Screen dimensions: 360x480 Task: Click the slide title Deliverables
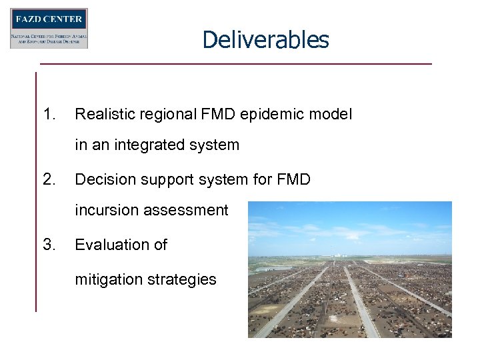coord(265,39)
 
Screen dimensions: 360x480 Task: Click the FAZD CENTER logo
coord(49,28)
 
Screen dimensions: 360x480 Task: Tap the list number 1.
coord(49,114)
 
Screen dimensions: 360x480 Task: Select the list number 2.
coord(49,179)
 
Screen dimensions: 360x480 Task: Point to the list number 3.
coord(49,245)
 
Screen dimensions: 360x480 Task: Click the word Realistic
coord(102,115)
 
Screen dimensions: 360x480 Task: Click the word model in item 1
coord(331,115)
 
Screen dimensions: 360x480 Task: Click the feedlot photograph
coord(349,269)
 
